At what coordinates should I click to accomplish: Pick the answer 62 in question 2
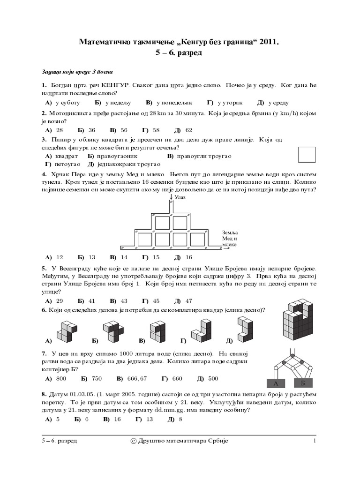click(188, 130)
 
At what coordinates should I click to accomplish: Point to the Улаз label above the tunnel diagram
click(180, 198)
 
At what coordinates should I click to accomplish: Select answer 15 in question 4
click(156, 257)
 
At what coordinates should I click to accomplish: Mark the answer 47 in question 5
click(188, 300)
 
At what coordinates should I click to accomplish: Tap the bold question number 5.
click(43, 268)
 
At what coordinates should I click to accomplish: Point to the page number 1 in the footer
click(315, 441)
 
